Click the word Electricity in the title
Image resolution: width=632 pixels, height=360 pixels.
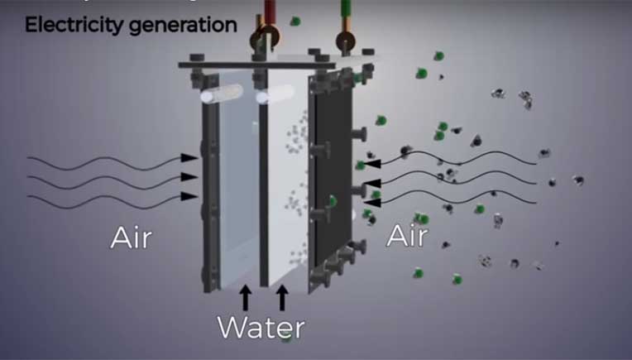pyautogui.click(x=74, y=26)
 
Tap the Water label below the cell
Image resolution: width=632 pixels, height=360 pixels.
pyautogui.click(x=261, y=328)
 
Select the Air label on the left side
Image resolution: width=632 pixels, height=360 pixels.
pyautogui.click(x=131, y=238)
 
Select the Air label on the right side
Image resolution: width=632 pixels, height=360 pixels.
pyautogui.click(x=407, y=235)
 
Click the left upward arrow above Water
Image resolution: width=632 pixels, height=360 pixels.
pyautogui.click(x=246, y=297)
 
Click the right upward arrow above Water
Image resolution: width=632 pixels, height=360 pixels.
pyautogui.click(x=282, y=297)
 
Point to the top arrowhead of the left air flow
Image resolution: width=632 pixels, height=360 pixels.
pyautogui.click(x=189, y=158)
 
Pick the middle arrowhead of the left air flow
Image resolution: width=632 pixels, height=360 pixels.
pyautogui.click(x=189, y=177)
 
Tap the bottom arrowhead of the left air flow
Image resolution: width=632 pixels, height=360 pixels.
pyautogui.click(x=189, y=196)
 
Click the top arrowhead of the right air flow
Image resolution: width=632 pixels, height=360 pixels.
pyautogui.click(x=372, y=164)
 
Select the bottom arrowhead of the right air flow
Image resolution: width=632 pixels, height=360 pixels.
pyautogui.click(x=372, y=203)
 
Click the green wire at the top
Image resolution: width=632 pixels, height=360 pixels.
pyautogui.click(x=346, y=9)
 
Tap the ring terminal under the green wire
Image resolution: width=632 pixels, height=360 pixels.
pyautogui.click(x=346, y=41)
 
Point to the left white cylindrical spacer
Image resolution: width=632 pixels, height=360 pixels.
pyautogui.click(x=221, y=94)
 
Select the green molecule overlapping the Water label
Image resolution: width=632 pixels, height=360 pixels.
pyautogui.click(x=286, y=338)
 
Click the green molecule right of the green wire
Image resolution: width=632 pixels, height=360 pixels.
pyautogui.click(x=295, y=21)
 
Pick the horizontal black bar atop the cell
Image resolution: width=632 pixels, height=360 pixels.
pyautogui.click(x=256, y=65)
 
